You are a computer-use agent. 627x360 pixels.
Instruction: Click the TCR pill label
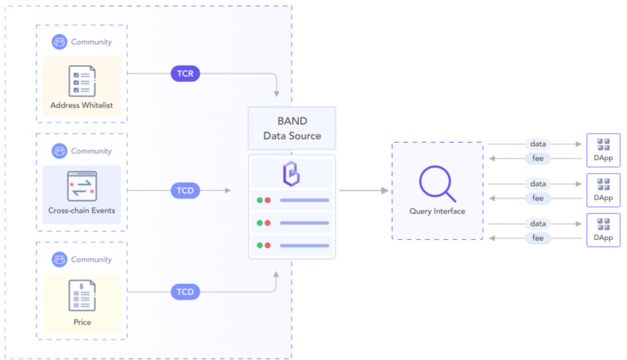185,73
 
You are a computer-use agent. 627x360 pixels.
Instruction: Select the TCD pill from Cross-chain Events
185,190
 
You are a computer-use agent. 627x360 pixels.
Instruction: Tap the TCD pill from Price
185,291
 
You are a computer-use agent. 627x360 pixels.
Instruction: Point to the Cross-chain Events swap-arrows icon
82,184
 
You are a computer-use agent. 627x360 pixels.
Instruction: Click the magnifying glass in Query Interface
437,184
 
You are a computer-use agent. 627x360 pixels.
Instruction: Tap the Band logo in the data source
291,175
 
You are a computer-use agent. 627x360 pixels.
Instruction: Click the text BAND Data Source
291,128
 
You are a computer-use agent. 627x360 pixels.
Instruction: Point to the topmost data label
538,144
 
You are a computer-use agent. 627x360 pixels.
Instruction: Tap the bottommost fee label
538,238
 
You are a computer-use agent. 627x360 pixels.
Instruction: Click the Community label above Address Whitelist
91,42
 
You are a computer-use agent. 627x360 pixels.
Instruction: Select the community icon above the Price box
59,260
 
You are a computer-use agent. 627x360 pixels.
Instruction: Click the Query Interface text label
437,211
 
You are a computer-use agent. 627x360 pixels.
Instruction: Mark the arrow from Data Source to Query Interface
363,190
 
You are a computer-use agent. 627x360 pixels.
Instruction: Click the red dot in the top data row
268,200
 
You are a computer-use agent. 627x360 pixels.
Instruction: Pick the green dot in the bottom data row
259,245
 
